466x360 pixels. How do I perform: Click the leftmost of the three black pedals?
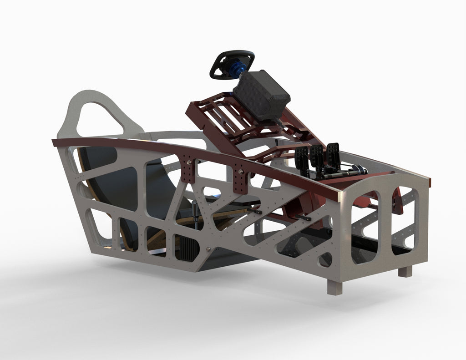coord(302,157)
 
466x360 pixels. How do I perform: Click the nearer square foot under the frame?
coord(334,287)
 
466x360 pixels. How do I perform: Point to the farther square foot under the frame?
coord(405,271)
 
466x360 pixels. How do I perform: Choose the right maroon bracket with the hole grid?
coord(239,180)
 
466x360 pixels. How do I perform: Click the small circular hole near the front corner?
coord(325,260)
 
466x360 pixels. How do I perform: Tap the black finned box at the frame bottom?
coord(187,248)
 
